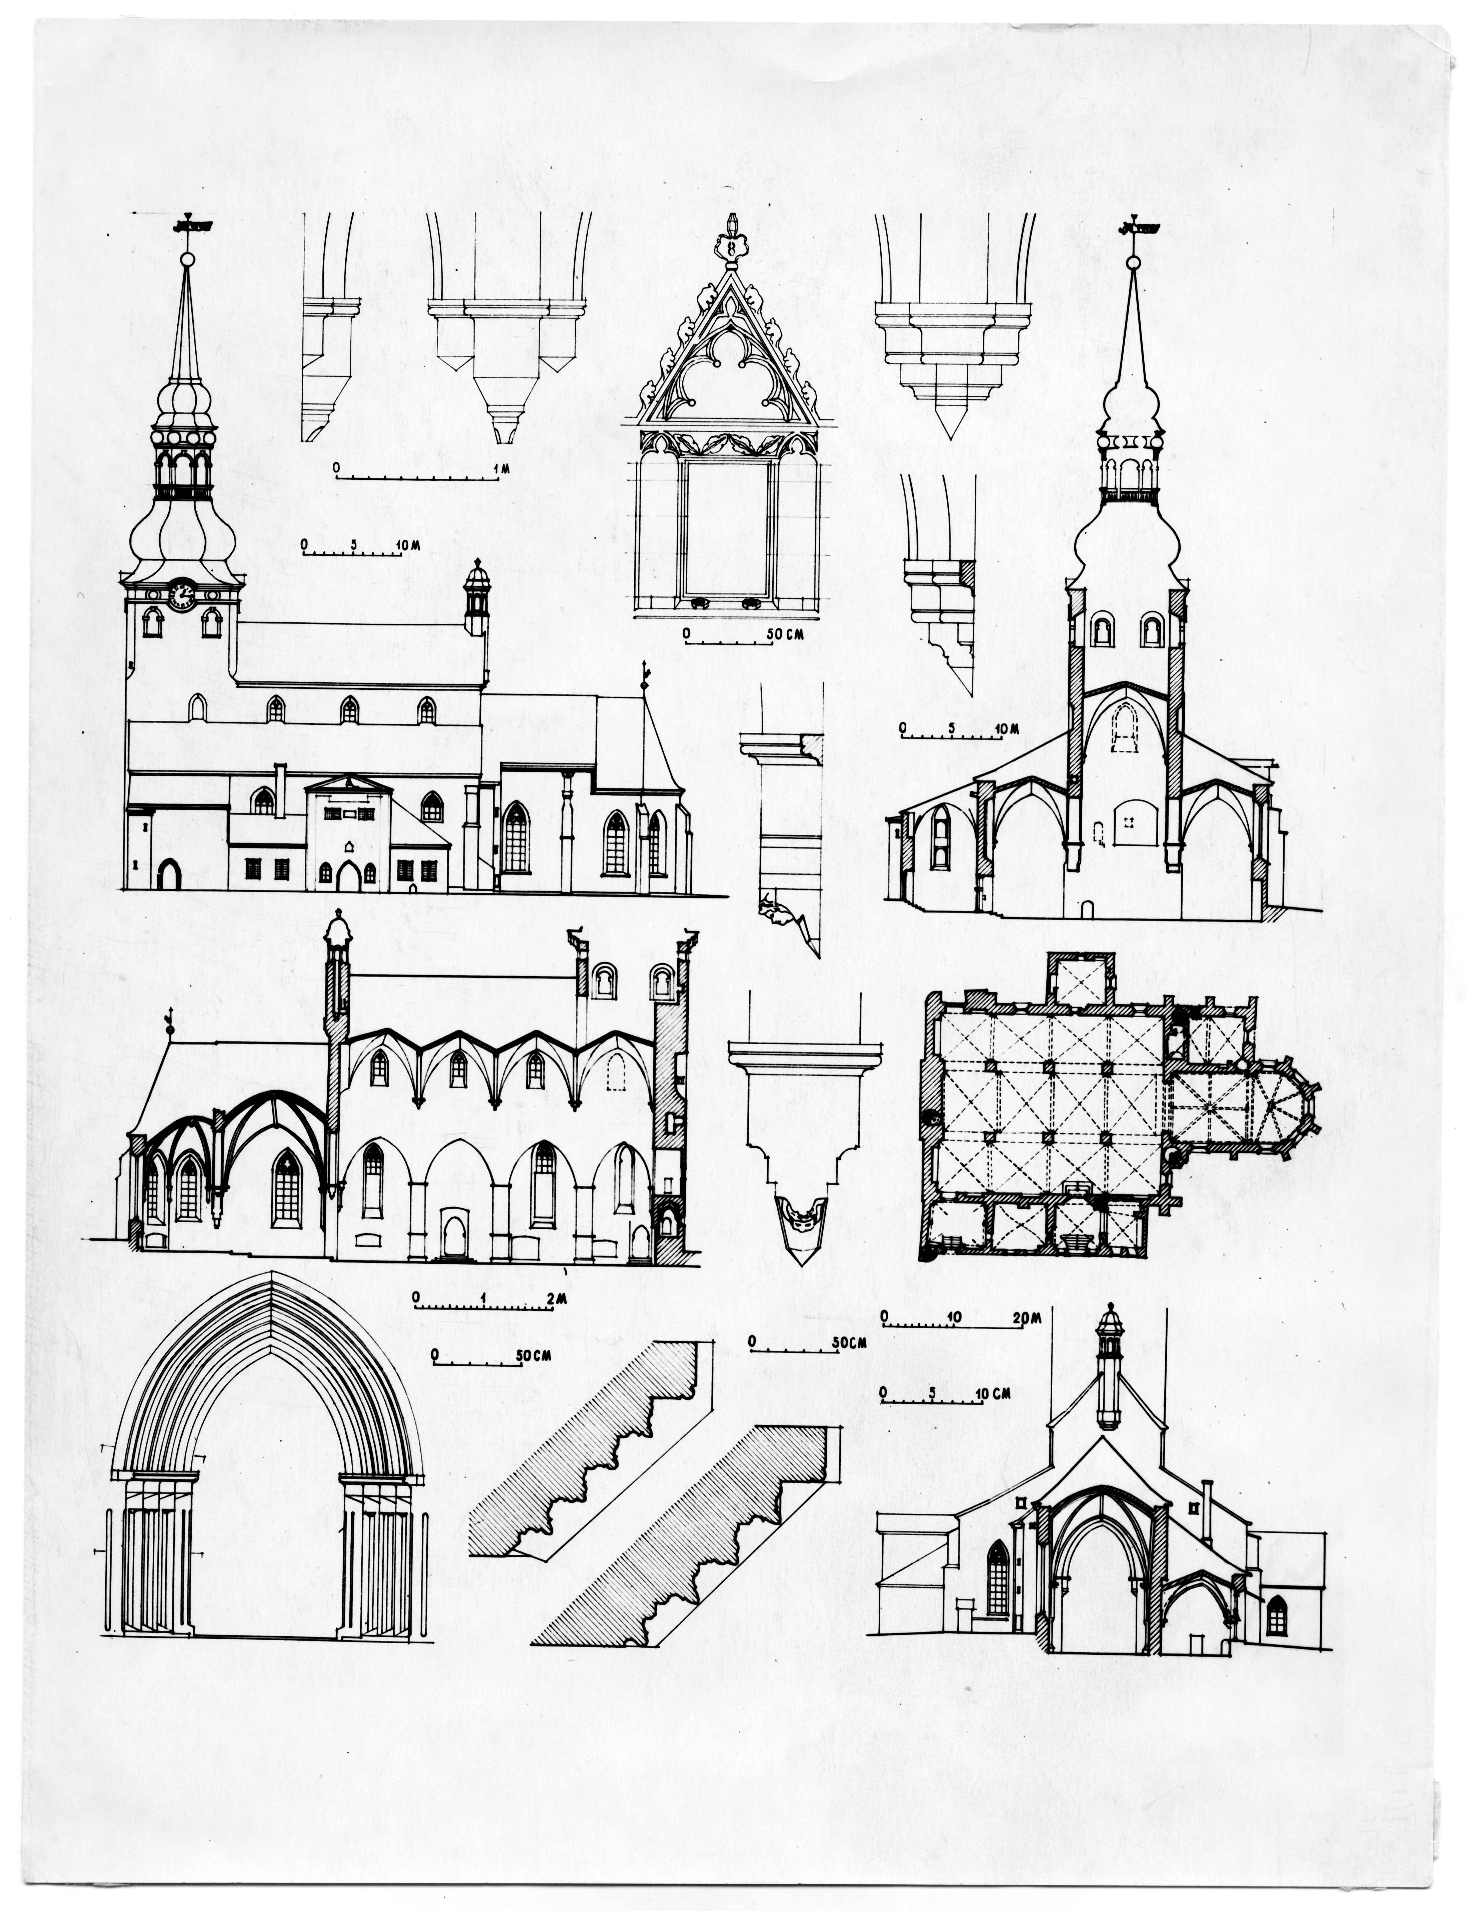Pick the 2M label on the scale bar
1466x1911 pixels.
pyautogui.click(x=556, y=1299)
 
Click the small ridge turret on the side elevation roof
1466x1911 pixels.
pyautogui.click(x=476, y=596)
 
